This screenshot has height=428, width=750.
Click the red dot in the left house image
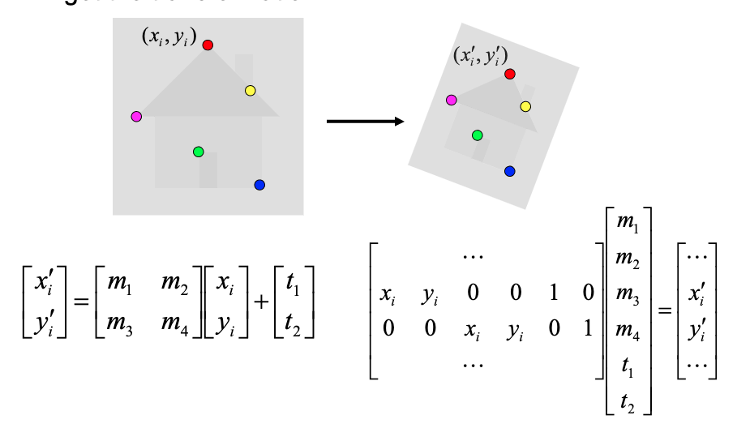click(208, 45)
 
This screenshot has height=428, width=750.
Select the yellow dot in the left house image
click(250, 91)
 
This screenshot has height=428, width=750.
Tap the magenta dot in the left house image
click(136, 117)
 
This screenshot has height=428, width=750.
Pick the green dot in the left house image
click(198, 152)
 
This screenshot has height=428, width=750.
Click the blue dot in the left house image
click(259, 185)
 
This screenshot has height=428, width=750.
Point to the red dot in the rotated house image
click(509, 74)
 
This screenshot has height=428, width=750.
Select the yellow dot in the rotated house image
click(525, 106)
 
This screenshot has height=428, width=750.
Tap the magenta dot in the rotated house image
click(451, 100)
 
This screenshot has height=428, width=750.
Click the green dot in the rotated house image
click(477, 135)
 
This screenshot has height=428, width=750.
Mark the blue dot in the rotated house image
click(509, 171)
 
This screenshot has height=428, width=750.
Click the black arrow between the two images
click(365, 122)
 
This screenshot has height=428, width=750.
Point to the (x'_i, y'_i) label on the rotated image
click(480, 57)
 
